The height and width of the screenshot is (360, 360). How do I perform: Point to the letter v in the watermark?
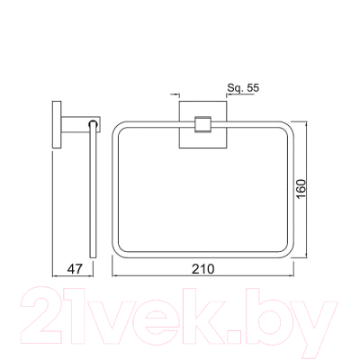click(x=112, y=317)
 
